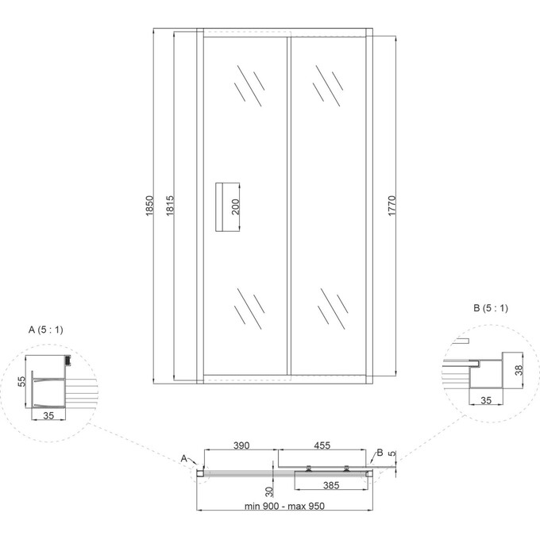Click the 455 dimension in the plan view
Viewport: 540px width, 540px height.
click(x=322, y=446)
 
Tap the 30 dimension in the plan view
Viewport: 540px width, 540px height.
click(x=268, y=491)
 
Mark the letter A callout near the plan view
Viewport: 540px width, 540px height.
click(x=183, y=458)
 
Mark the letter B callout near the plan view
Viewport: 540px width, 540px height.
click(x=380, y=453)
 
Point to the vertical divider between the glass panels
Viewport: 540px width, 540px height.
click(x=287, y=206)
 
